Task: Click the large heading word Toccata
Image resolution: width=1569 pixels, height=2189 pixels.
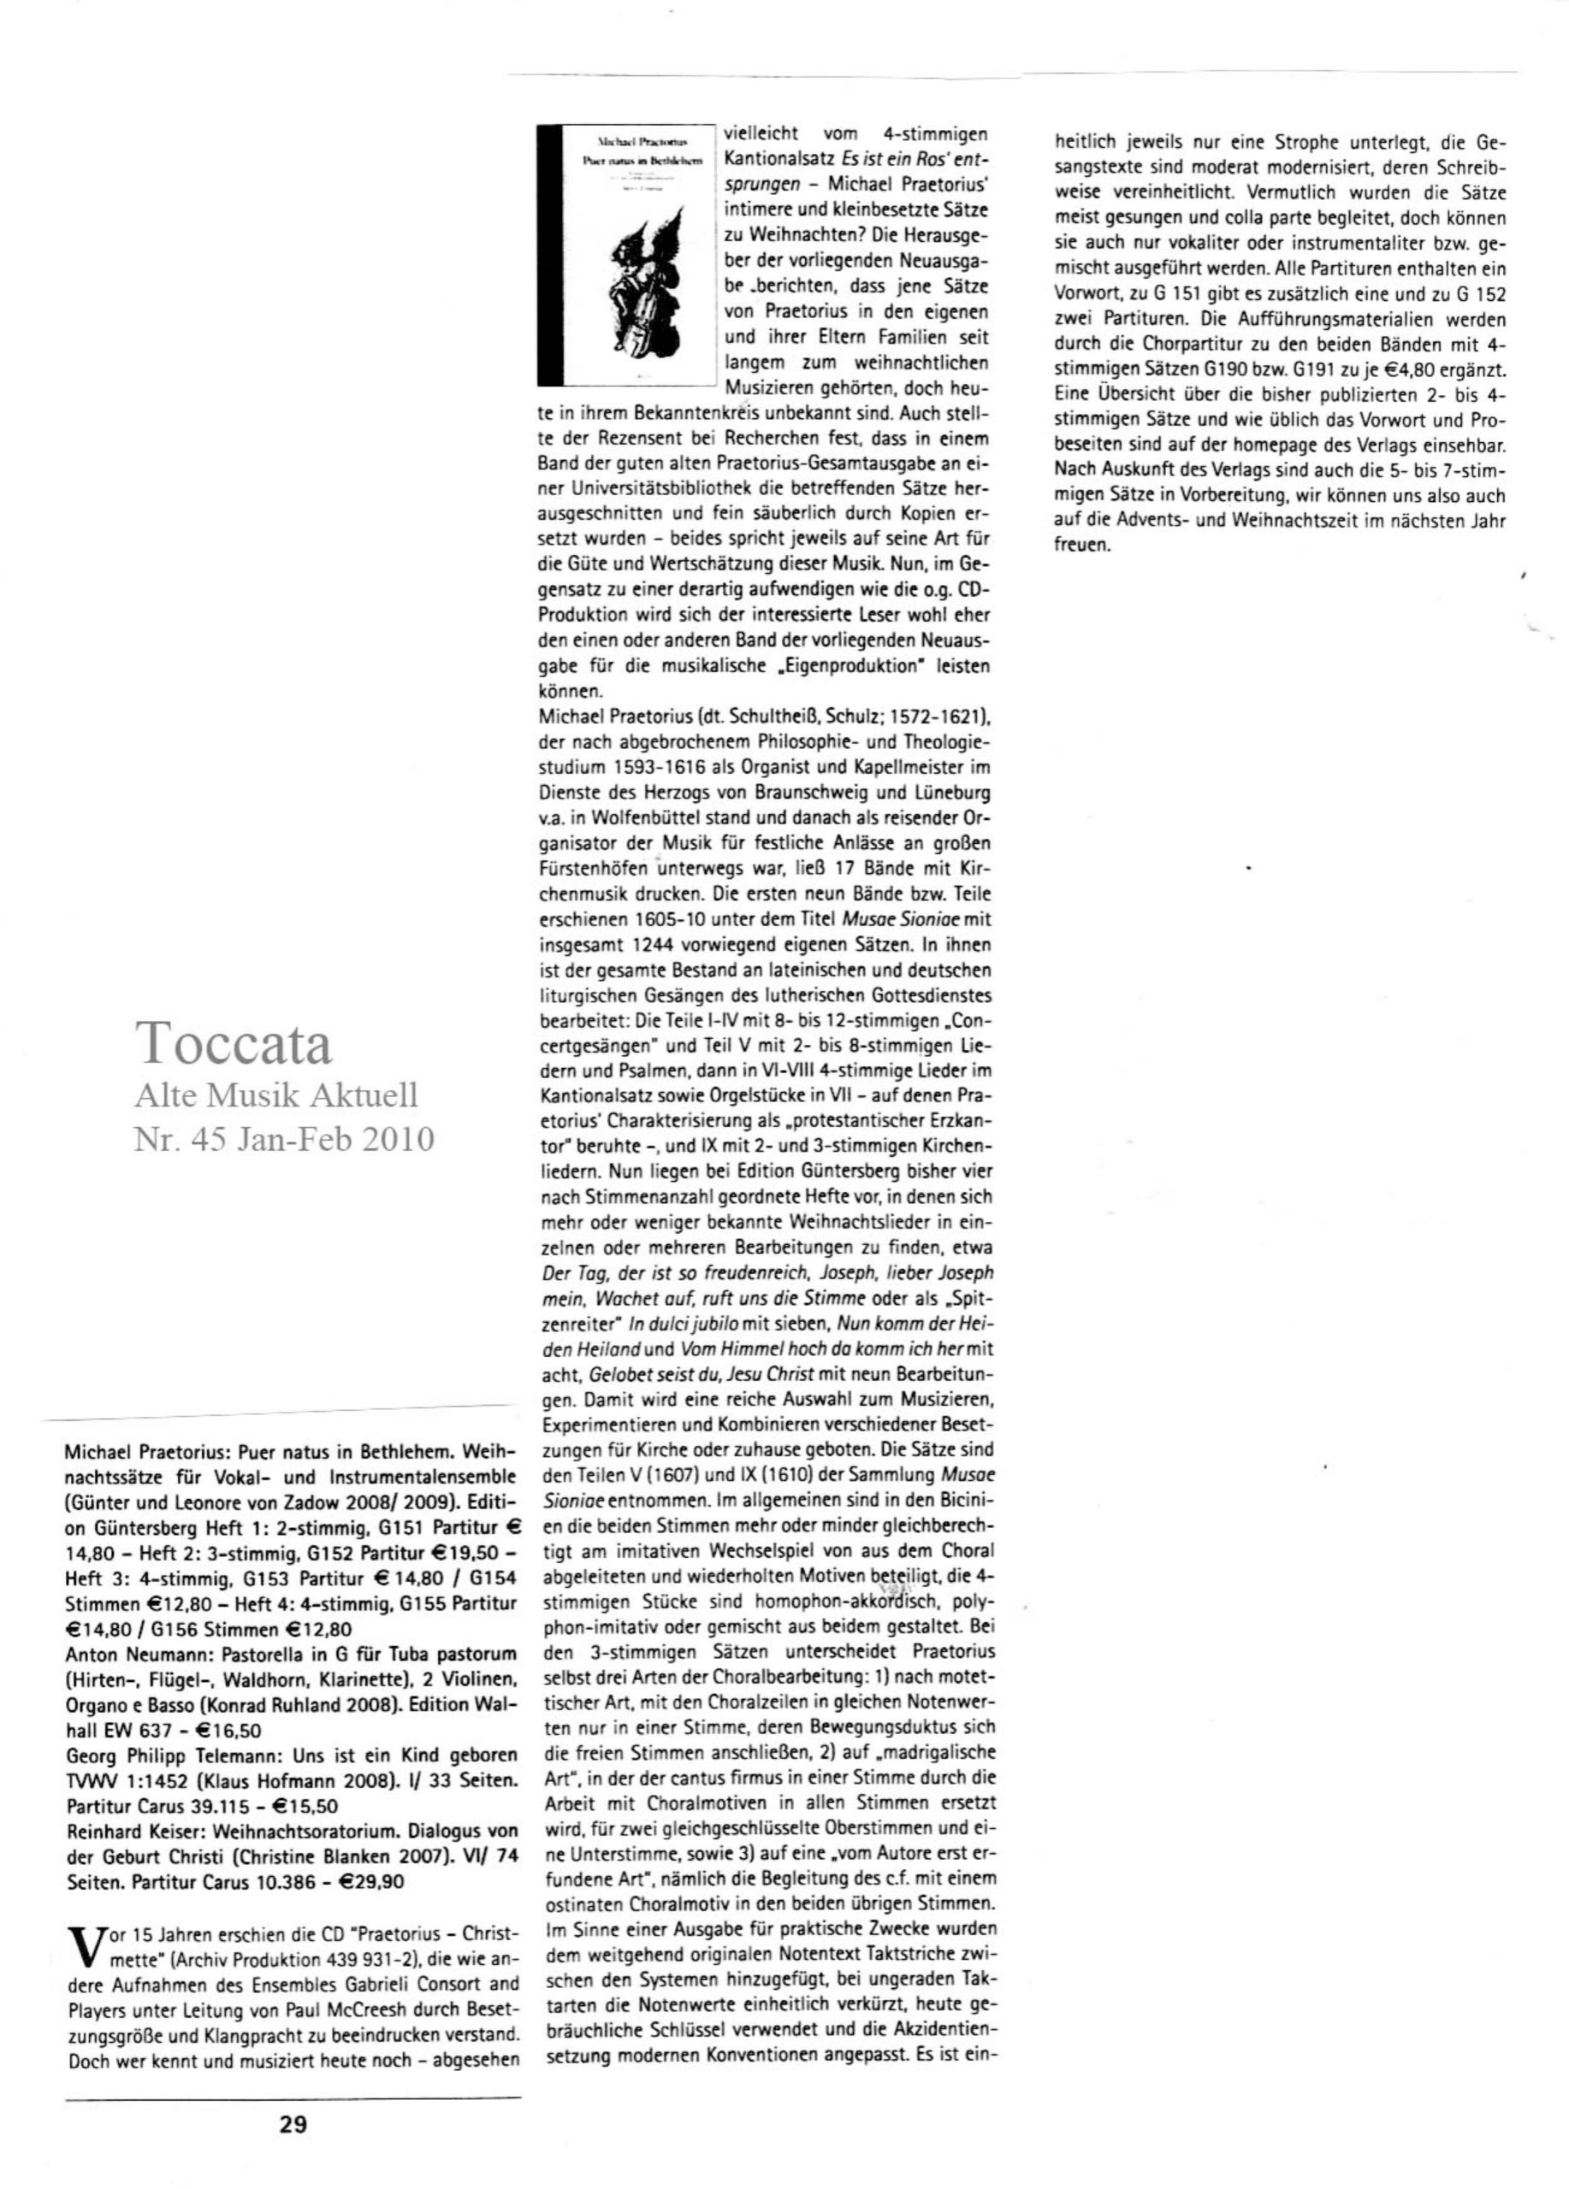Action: [234, 1043]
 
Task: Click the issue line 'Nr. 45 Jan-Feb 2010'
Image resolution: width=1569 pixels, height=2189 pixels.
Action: [284, 1140]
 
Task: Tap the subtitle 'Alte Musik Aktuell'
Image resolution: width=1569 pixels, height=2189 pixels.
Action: [276, 1096]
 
